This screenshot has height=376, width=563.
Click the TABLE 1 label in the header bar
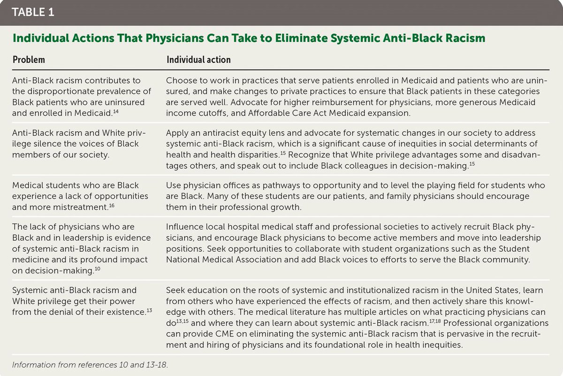(33, 12)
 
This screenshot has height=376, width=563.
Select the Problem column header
(29, 60)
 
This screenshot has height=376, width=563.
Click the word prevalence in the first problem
(122, 92)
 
